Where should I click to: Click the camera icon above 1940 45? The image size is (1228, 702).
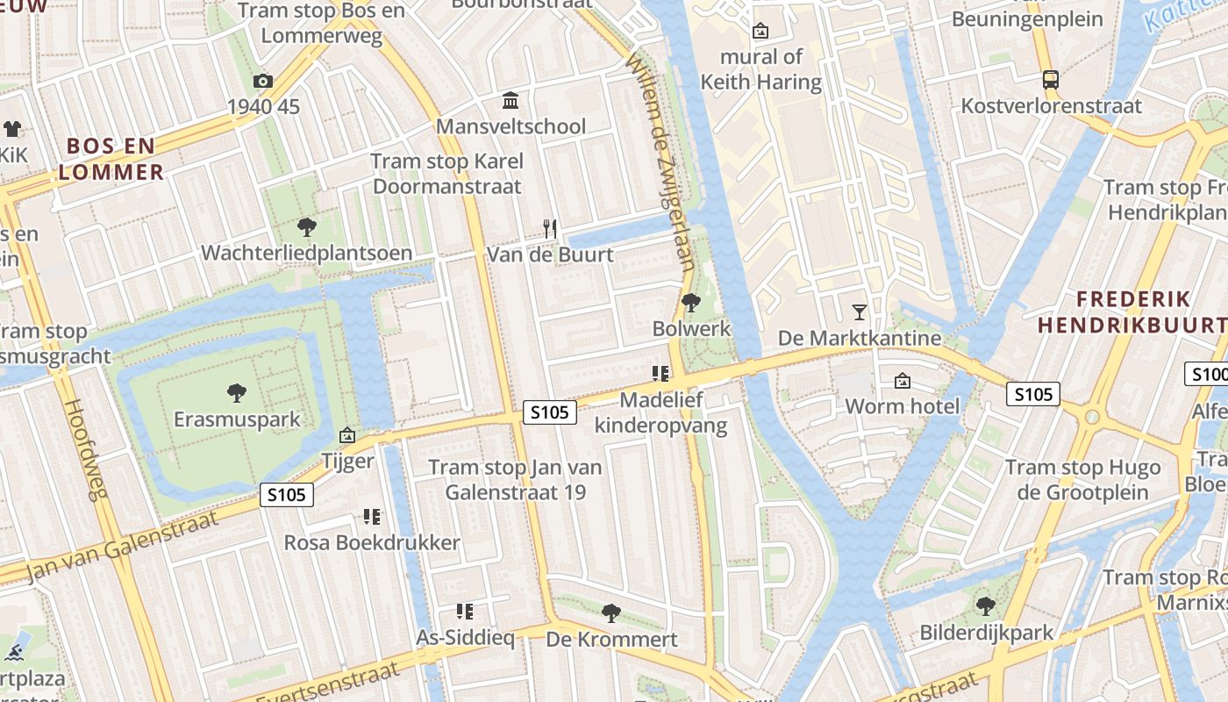(x=262, y=82)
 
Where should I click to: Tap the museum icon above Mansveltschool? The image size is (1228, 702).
(x=510, y=100)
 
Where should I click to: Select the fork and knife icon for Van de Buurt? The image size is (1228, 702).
(x=550, y=229)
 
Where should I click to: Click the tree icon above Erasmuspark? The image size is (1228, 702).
(x=236, y=392)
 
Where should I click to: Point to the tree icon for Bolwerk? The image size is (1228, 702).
(x=691, y=304)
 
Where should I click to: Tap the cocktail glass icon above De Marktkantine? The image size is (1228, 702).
(x=859, y=312)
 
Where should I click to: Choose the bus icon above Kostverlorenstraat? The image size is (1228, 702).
(x=1050, y=80)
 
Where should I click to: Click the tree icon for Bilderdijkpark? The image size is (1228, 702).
(x=986, y=605)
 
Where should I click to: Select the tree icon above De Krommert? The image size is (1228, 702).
(x=611, y=612)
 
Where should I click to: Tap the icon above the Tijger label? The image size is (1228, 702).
(x=347, y=435)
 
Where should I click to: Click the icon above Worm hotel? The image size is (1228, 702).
(x=902, y=381)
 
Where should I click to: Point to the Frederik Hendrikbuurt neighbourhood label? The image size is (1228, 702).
(x=1133, y=312)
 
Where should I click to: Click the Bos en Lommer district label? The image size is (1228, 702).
(x=111, y=159)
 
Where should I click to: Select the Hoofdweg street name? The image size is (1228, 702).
(x=86, y=450)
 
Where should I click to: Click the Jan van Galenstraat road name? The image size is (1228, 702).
(x=123, y=548)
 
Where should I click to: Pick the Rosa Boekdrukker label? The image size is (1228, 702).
(x=372, y=542)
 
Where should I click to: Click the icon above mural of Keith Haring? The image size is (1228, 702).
(x=760, y=32)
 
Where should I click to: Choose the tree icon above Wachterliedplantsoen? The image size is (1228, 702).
(x=306, y=227)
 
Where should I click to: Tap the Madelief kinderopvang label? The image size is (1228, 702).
(x=661, y=413)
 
